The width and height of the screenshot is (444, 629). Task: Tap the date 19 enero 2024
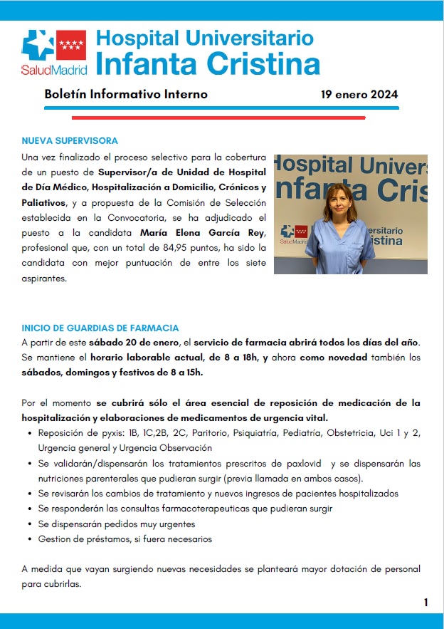click(x=359, y=94)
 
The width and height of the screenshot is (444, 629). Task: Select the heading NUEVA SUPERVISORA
click(x=70, y=140)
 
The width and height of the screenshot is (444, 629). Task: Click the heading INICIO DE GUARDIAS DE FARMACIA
click(x=100, y=328)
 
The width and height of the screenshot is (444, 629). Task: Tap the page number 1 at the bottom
click(x=425, y=603)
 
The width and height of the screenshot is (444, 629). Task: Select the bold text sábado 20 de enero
click(x=126, y=343)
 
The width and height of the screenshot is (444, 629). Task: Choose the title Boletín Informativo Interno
click(x=126, y=94)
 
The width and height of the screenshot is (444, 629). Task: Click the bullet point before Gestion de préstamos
click(x=27, y=539)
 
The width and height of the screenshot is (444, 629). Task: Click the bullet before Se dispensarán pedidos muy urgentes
click(x=27, y=524)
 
